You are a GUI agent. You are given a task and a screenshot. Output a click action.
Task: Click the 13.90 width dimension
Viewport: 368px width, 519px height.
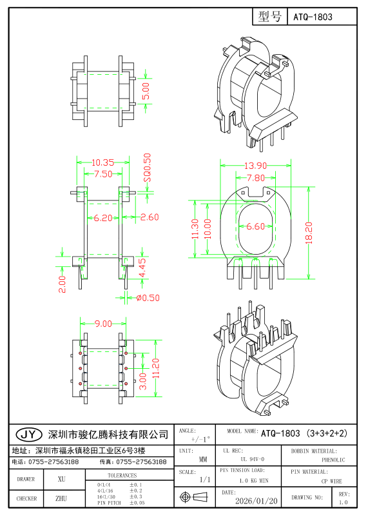[255, 165]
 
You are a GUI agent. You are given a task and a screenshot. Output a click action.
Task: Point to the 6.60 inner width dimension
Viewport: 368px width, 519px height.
[255, 226]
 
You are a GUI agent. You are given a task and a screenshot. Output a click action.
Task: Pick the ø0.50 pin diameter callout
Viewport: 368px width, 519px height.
[148, 297]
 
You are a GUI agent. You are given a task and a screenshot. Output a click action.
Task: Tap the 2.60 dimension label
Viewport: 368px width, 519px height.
[149, 217]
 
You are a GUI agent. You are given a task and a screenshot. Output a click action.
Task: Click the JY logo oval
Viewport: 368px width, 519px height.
[28, 434]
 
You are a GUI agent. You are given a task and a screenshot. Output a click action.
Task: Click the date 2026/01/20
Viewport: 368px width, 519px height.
[257, 500]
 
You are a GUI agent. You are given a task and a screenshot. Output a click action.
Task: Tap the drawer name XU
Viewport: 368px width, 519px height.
[61, 479]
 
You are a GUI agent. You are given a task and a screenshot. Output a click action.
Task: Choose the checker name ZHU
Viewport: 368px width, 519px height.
[61, 498]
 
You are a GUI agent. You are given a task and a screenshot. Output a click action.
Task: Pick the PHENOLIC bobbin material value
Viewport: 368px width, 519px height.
[333, 460]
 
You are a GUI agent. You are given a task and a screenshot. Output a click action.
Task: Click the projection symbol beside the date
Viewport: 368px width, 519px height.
[194, 498]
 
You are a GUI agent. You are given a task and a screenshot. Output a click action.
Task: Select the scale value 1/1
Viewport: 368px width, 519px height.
[205, 480]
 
